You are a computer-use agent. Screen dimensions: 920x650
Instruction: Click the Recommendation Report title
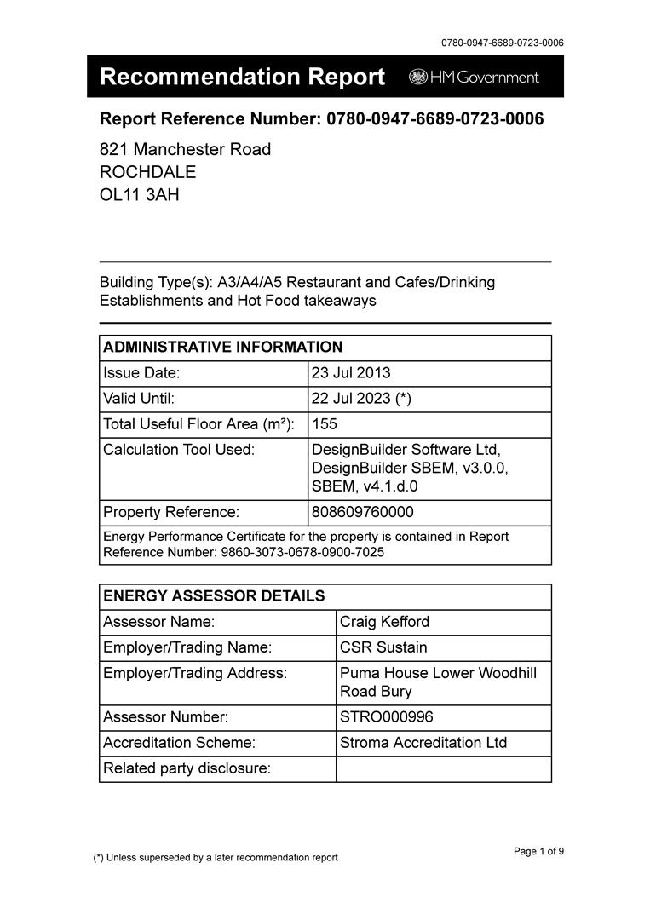pos(242,77)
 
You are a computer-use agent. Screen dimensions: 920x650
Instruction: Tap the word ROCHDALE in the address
pos(147,171)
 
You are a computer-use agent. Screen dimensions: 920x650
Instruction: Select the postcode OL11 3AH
pos(140,194)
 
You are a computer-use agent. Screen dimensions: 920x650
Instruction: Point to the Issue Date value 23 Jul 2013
pos(351,372)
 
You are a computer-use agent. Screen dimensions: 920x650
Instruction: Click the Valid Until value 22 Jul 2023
pos(361,398)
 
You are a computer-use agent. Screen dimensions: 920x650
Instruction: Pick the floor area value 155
pos(325,423)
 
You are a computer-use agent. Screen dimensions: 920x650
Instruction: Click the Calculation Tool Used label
pos(179,449)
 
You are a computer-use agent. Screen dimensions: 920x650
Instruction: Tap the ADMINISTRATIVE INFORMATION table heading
pos(222,347)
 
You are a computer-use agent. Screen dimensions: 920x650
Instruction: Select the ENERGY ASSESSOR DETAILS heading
pos(213,595)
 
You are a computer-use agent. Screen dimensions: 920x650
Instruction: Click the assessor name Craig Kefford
pos(386,622)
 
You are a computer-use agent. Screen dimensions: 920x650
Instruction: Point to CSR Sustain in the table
pos(383,647)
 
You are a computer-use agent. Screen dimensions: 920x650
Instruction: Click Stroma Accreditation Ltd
pos(423,743)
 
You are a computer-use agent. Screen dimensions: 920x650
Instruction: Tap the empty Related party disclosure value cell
pos(443,768)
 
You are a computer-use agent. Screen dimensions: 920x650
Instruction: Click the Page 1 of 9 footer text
pos(538,851)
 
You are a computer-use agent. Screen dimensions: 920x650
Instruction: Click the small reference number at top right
pos(502,43)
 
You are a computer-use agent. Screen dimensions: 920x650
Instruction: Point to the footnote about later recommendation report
pos(216,857)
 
